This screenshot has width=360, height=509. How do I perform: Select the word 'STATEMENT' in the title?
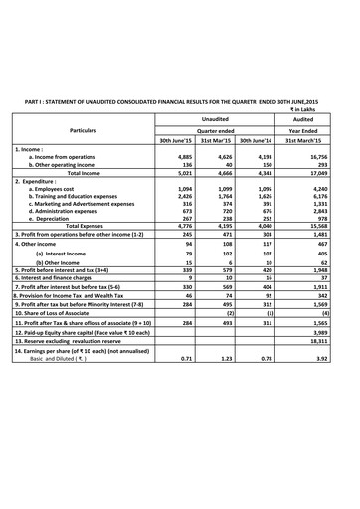click(84, 100)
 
